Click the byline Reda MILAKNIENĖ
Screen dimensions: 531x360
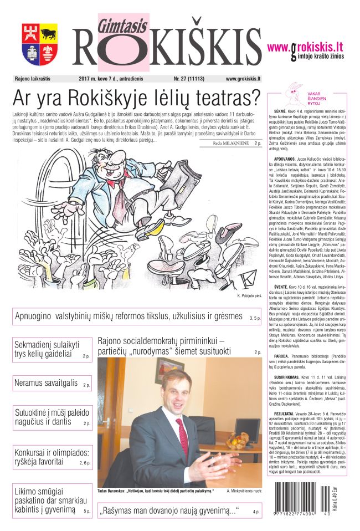pyautogui.click(x=231, y=144)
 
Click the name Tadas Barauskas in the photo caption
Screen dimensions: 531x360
pyautogui.click(x=113, y=491)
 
